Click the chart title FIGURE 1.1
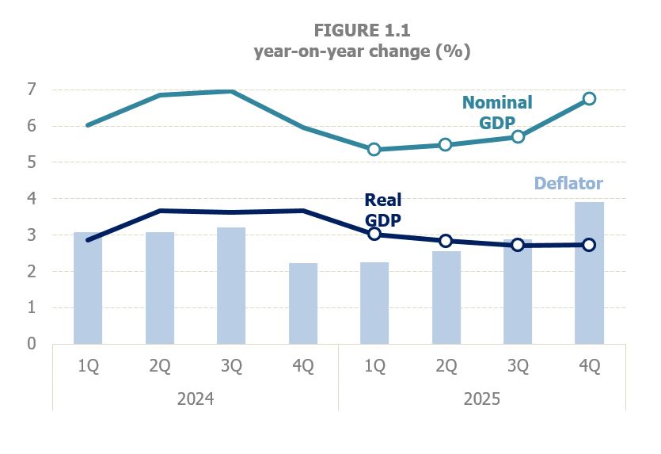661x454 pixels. (x=362, y=31)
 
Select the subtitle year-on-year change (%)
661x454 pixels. (x=362, y=52)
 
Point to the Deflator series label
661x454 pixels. (x=568, y=184)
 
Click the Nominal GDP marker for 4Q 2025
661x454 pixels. (x=589, y=99)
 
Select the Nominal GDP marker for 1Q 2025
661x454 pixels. (x=374, y=150)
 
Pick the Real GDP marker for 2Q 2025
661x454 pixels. (x=446, y=241)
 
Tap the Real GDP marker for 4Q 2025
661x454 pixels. (x=589, y=245)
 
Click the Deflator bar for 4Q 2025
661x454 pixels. (x=589, y=273)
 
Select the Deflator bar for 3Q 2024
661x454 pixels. (x=231, y=285)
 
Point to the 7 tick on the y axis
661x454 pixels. (x=32, y=90)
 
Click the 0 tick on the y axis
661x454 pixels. (x=32, y=344)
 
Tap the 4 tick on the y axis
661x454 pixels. (x=32, y=199)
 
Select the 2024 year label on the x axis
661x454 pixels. (x=196, y=398)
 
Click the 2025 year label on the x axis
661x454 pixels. (x=481, y=398)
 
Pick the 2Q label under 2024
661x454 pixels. (x=159, y=367)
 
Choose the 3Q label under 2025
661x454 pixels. (x=517, y=367)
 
